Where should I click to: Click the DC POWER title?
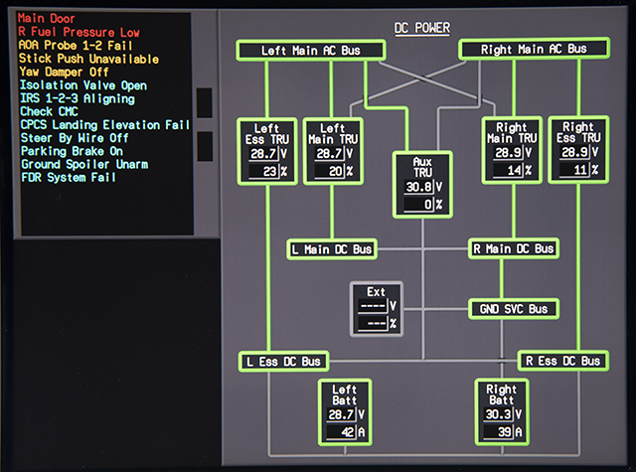coord(422,28)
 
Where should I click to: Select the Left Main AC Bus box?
coord(311,51)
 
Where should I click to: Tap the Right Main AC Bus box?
coord(534,49)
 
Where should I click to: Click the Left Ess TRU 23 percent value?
coord(263,172)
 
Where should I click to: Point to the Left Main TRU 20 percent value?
coord(330,172)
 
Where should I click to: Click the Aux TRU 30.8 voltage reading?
coord(419,187)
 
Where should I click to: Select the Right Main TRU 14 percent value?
coord(508,170)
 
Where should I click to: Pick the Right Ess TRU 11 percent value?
coord(574,170)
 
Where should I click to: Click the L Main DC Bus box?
coord(332,249)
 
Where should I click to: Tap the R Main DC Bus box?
coord(514,248)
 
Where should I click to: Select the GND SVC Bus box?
coord(514,309)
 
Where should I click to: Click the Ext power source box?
coord(377,309)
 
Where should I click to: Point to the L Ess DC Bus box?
coord(283,362)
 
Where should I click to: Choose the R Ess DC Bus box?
coord(563,361)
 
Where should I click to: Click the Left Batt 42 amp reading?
coord(342,432)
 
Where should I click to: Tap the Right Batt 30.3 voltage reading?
coord(499,414)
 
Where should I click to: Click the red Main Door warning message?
coord(47,18)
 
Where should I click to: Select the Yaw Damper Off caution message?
coord(64,72)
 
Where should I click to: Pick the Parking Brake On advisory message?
coord(72,151)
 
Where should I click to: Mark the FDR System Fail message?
coord(69,177)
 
